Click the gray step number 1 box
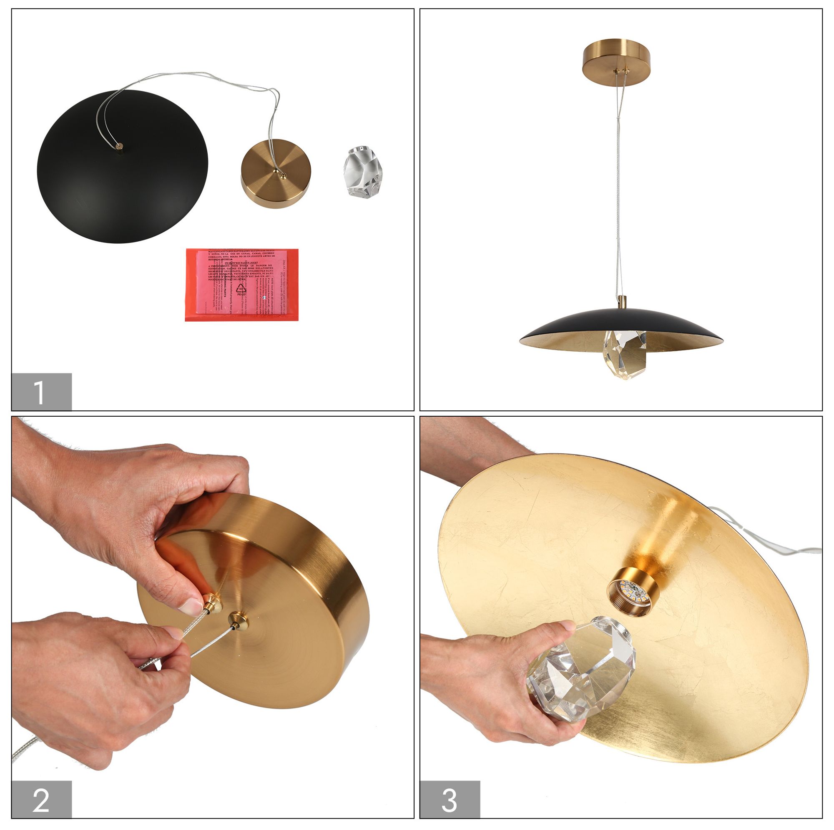coord(41,391)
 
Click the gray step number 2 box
coord(41,799)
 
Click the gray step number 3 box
coord(450,799)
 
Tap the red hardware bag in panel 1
coord(242,284)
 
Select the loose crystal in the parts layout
coord(363,172)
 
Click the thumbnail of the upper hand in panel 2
coord(191,607)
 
